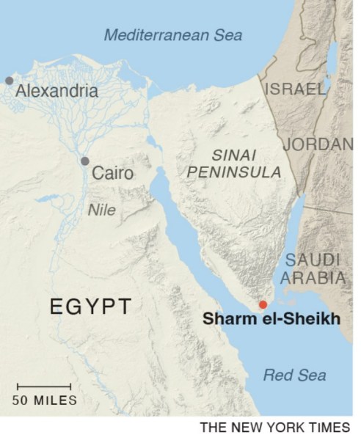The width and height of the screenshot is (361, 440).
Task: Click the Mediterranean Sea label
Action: [x=174, y=34]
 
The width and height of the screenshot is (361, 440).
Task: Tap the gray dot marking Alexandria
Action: [x=9, y=80]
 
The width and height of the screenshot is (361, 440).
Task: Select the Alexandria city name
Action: [x=56, y=92]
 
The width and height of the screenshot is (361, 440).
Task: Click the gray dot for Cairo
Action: [x=85, y=161]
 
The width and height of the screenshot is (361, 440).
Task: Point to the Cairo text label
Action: [x=113, y=174]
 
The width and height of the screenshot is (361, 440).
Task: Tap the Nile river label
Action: [x=102, y=209]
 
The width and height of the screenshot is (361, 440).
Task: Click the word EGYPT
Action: [x=91, y=306]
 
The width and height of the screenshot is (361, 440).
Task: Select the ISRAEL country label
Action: [x=294, y=89]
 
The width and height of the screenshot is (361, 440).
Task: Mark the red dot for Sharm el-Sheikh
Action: [x=263, y=304]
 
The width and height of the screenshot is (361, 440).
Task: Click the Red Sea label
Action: [x=294, y=375]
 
